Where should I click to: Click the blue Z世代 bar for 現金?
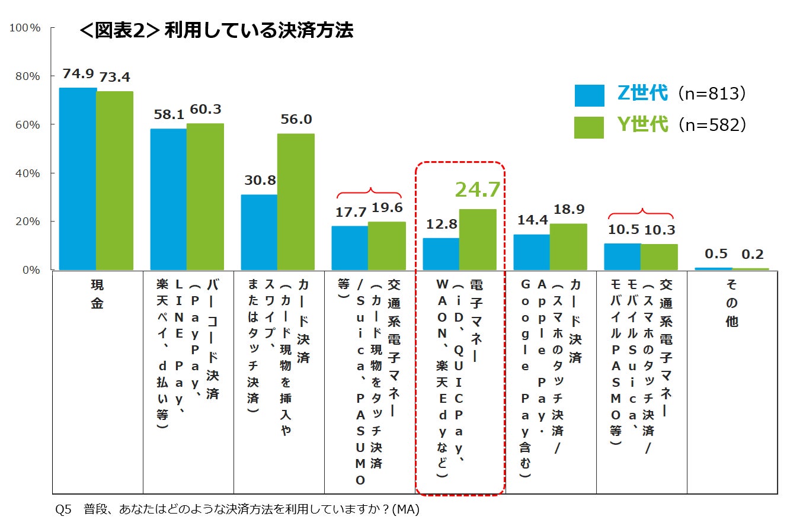[x=78, y=179]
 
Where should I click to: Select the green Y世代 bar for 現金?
[x=115, y=181]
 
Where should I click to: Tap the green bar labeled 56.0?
[x=296, y=201]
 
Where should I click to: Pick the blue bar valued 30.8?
[x=259, y=232]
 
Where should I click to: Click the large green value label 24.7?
[x=478, y=190]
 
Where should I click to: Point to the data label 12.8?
[x=441, y=224]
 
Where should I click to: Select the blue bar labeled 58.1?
[x=168, y=199]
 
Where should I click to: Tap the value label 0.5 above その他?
[x=716, y=254]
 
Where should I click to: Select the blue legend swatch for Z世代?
[x=589, y=95]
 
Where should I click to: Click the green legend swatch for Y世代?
[x=589, y=127]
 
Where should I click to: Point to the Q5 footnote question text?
[x=237, y=509]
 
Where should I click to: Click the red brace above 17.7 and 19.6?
[x=369, y=192]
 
